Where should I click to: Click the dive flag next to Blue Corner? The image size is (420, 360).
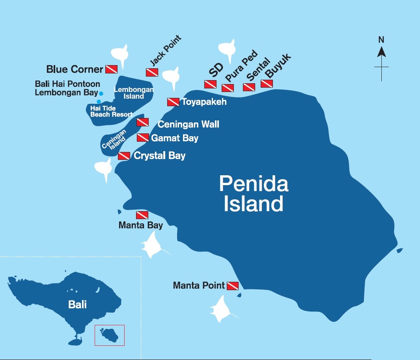[111, 69]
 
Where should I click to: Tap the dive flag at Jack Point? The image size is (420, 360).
[152, 72]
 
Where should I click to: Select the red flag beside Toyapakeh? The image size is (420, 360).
[174, 102]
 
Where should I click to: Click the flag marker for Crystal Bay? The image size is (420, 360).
[124, 156]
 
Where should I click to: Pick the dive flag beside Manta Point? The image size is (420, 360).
[233, 285]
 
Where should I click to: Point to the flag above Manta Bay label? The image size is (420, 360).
[142, 215]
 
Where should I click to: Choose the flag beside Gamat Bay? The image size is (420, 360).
[143, 138]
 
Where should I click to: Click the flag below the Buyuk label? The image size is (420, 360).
[267, 84]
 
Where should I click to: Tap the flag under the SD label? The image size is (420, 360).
[210, 84]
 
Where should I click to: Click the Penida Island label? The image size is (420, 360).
[254, 194]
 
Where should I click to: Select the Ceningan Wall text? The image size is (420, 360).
[188, 124]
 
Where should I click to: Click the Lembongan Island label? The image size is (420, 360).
[134, 93]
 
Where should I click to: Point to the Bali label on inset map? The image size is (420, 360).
[77, 304]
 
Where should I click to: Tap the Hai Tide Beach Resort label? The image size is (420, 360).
[111, 111]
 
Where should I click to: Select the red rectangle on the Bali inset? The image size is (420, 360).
[109, 335]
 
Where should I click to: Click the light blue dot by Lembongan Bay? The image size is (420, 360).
[101, 94]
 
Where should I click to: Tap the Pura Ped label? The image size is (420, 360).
[241, 66]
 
